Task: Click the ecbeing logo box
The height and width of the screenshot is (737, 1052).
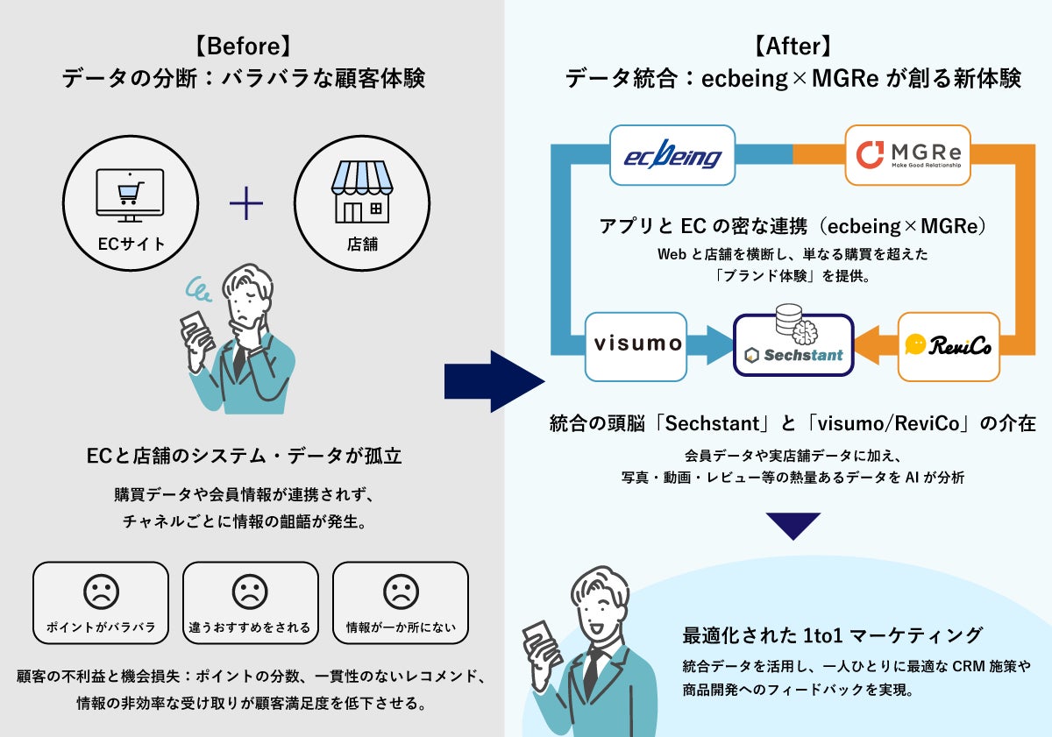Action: pos(672,155)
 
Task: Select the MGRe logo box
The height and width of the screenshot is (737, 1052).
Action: pos(907,155)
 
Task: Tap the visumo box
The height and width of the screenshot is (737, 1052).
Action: pos(637,343)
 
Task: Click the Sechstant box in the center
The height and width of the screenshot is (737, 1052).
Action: pos(793,345)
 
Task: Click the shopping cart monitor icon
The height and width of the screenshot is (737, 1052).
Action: pos(129,195)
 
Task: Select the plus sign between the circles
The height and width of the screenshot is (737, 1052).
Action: pos(246,205)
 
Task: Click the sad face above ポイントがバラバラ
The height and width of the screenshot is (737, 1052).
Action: pos(101,592)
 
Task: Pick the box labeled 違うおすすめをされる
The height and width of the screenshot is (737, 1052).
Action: pos(250,602)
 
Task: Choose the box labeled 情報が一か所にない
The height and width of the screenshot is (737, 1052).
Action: pos(400,602)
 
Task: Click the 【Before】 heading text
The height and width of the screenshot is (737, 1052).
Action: pos(243,46)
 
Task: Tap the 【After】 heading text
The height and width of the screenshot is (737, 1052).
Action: pos(793,46)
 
